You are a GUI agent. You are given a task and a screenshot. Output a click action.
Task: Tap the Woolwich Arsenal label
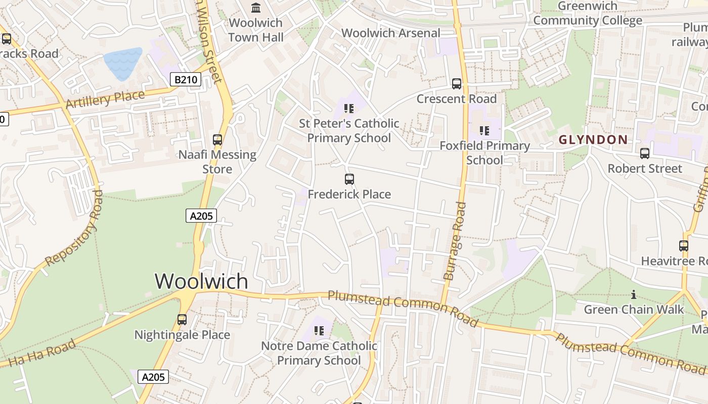391,33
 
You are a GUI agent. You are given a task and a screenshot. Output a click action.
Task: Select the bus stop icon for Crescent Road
457,84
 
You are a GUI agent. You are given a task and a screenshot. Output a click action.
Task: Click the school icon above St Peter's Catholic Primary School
348,108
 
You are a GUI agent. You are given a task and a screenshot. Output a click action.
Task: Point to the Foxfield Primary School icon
484,131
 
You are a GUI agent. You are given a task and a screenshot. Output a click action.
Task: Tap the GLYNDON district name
593,140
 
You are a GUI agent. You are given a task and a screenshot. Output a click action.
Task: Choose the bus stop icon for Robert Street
645,154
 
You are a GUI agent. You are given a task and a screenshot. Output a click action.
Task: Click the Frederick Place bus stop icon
349,179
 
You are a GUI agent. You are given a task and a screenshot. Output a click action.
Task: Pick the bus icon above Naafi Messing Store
217,140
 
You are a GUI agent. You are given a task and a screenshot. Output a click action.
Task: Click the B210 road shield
185,79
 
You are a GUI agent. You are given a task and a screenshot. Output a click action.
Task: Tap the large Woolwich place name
201,281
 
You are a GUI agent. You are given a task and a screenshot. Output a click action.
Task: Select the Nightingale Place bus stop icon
182,320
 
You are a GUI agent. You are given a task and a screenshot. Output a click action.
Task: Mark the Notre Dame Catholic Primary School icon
319,331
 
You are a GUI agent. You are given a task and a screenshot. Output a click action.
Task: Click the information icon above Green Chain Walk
634,294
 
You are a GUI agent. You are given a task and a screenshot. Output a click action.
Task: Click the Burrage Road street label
455,240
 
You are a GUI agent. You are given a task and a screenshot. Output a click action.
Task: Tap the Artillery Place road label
105,98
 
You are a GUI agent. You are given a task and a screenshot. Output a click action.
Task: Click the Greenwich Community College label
588,14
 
